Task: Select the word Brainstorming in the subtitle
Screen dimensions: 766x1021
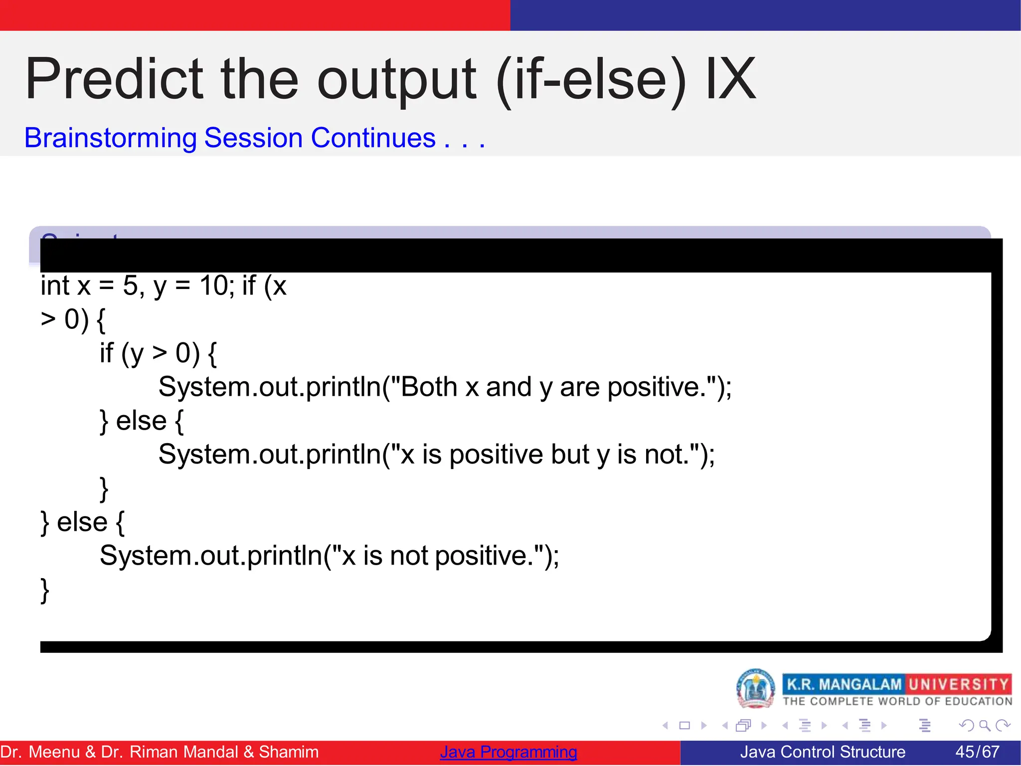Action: (x=111, y=138)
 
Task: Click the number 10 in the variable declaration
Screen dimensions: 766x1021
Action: (x=213, y=286)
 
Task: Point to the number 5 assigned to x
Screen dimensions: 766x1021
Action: (x=130, y=286)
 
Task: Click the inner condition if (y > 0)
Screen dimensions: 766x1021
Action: (x=158, y=353)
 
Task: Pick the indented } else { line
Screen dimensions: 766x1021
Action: (x=142, y=421)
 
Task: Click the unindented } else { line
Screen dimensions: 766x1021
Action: (x=83, y=522)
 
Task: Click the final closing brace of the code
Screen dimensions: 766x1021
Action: (x=45, y=590)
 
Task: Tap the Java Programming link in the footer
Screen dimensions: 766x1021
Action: (x=508, y=752)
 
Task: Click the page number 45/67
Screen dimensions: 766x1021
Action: (x=977, y=752)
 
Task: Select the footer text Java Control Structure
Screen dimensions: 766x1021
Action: (x=822, y=752)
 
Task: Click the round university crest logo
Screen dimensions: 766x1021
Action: (x=755, y=689)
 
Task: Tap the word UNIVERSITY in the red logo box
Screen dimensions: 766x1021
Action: (x=958, y=684)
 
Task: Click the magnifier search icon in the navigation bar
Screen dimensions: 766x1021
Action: (x=984, y=725)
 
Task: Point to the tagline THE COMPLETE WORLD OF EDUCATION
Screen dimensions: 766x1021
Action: (x=897, y=701)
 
